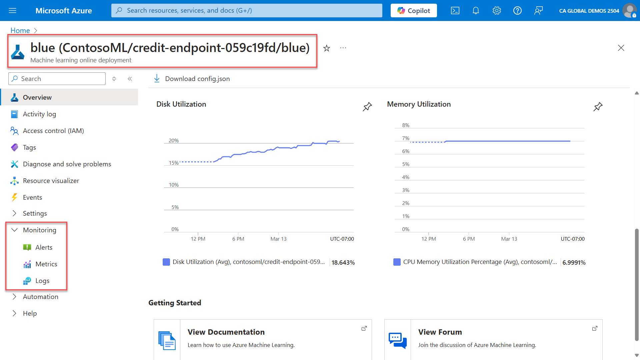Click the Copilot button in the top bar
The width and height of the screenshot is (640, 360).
coord(414,11)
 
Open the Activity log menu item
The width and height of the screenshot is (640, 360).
coord(39,114)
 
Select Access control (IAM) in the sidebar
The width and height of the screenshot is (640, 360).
coord(53,131)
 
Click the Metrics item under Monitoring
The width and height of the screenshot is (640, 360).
coord(46,264)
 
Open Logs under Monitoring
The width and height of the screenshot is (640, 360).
coord(42,281)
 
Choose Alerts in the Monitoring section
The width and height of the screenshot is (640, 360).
coord(44,247)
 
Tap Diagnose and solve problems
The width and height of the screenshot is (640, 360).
coord(67,164)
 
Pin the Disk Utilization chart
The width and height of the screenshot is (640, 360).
coord(367,107)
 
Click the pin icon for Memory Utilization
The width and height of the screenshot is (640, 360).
coord(598,107)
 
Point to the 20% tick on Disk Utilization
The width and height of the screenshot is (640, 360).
coord(174,141)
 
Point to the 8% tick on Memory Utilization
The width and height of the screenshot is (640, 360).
coord(406,125)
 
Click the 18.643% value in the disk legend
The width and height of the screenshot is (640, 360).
coord(343,262)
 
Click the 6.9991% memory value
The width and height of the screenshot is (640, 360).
coord(574,262)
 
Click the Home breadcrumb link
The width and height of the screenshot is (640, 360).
coord(20,30)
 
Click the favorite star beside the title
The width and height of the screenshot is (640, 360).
coord(327,48)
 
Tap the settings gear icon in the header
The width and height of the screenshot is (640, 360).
coord(497,11)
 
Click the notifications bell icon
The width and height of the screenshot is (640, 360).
coord(476,11)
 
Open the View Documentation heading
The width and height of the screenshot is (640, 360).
coord(226,332)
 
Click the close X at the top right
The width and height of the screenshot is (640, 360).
coord(621,48)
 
